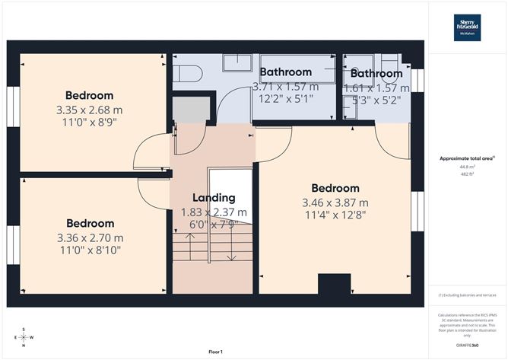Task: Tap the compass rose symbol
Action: point(24,337)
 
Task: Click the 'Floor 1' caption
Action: point(215,352)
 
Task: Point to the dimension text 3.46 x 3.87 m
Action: point(335,202)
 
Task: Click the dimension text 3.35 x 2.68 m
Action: point(89,110)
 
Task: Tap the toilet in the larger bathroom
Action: point(186,74)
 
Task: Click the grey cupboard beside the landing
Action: point(190,110)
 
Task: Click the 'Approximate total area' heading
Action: point(466,158)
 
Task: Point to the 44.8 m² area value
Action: point(466,166)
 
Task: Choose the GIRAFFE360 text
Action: point(466,344)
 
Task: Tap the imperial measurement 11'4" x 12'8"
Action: point(335,215)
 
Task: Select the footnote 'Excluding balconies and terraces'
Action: point(466,295)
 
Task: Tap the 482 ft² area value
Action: point(466,174)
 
